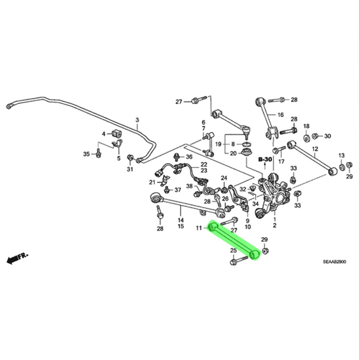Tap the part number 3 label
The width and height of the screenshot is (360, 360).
pos(137,120)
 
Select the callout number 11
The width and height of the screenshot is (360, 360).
pos(199,228)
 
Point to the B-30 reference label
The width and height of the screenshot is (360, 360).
pos(265,159)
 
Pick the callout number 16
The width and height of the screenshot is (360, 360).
pos(281,115)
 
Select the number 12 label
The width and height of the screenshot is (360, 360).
pos(315,148)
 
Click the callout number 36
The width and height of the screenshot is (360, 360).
pos(189,157)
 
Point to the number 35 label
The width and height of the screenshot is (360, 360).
pos(86,154)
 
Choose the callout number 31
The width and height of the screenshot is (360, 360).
pos(130,169)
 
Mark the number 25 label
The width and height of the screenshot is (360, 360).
pos(233,251)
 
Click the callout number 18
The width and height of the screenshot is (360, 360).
pos(306,126)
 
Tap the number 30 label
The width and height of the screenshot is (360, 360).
pos(327,136)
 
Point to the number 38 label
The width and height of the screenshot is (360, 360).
pos(189,186)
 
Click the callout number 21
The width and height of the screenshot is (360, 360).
pos(152,182)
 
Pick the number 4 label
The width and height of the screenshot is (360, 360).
pos(104,134)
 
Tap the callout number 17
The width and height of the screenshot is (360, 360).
pos(282,161)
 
